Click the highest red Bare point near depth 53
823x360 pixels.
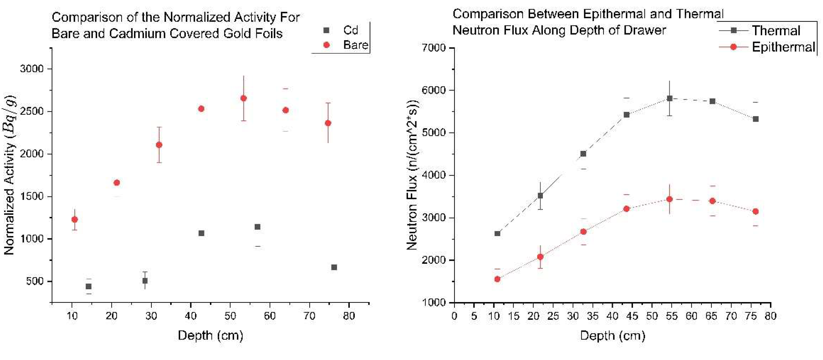pos(244,98)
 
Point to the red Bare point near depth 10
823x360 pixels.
pos(74,219)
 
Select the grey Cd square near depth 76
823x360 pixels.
pos(334,267)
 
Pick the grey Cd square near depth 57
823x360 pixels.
pos(257,227)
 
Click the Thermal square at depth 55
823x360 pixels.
pos(670,98)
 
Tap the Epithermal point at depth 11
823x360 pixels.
pos(497,279)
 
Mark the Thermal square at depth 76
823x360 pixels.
pos(756,119)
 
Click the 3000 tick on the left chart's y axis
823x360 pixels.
pos(32,69)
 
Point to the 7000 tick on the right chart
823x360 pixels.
pos(434,48)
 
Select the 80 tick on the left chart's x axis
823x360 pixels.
pos(349,316)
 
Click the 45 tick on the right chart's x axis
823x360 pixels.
pos(632,316)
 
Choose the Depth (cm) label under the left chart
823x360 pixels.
pos(211,335)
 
